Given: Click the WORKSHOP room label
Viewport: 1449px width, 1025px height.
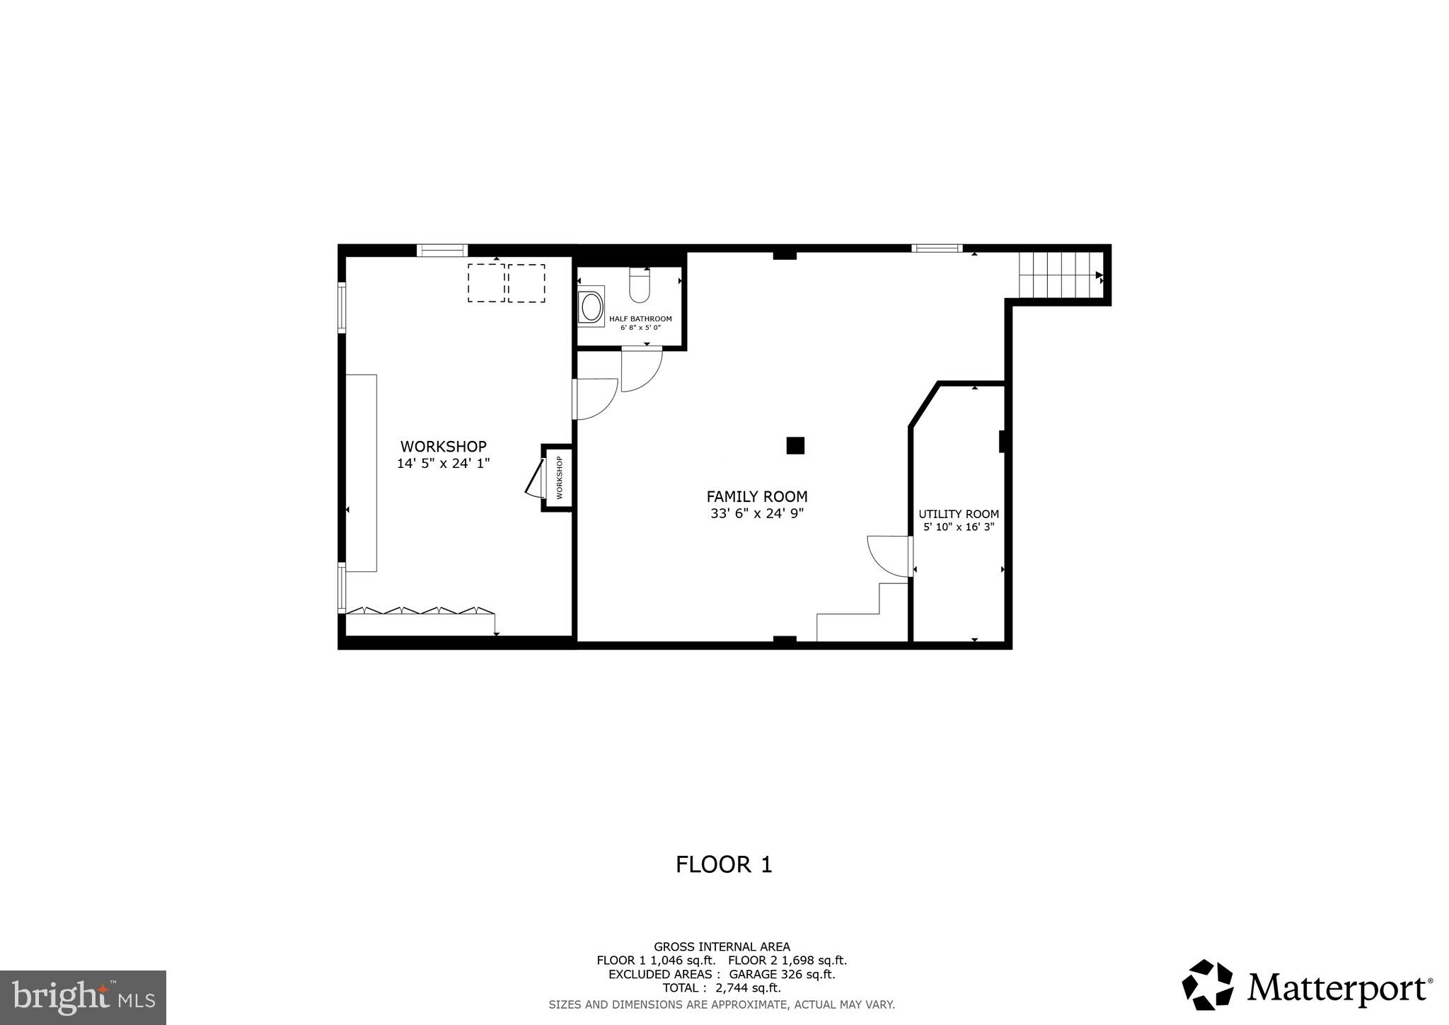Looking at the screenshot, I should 443,447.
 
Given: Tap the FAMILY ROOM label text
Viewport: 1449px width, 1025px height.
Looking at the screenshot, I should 756,497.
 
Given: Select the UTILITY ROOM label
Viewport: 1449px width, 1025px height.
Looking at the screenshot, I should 958,515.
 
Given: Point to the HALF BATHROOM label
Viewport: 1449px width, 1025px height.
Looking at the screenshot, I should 640,319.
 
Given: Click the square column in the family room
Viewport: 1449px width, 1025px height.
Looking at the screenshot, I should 795,445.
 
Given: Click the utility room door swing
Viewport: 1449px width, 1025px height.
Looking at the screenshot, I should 888,556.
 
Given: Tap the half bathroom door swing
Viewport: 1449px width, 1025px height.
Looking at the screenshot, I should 641,369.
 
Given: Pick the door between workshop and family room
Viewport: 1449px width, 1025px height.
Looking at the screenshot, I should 594,399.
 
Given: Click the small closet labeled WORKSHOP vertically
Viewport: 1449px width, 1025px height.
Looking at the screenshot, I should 558,477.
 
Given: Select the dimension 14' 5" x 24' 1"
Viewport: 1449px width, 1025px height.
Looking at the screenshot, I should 443,464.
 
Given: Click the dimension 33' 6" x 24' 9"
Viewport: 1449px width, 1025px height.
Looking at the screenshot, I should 756,514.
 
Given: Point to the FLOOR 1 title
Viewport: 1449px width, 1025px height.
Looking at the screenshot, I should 723,864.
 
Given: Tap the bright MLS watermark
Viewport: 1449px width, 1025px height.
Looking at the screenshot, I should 83,998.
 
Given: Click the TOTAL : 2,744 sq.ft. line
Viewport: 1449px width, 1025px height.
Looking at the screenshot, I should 721,988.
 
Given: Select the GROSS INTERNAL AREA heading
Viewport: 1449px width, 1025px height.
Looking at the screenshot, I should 721,946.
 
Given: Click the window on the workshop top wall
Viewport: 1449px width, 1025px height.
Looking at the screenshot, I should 441,250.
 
